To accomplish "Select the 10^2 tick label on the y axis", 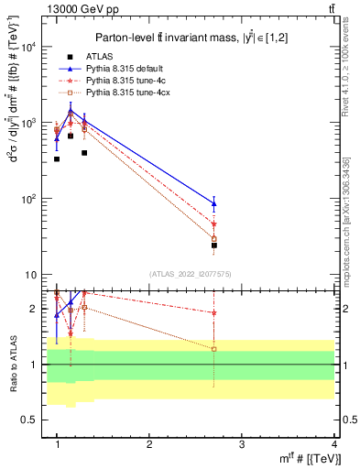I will pos(27,199).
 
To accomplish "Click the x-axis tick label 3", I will pos(241,443).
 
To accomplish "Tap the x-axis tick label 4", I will pos(333,443).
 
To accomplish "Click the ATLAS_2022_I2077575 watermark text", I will pos(190,274).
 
